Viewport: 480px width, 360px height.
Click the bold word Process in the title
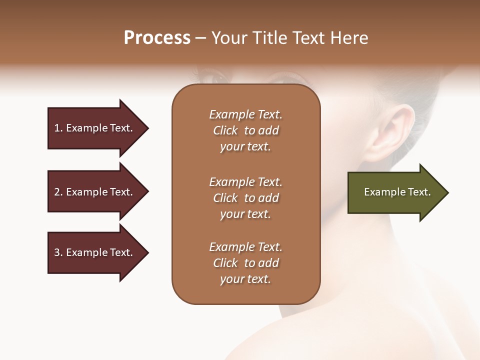[157, 38]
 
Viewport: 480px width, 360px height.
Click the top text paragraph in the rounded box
[245, 130]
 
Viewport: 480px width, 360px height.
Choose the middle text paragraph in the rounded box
[245, 198]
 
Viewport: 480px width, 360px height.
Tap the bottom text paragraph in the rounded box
[245, 263]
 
